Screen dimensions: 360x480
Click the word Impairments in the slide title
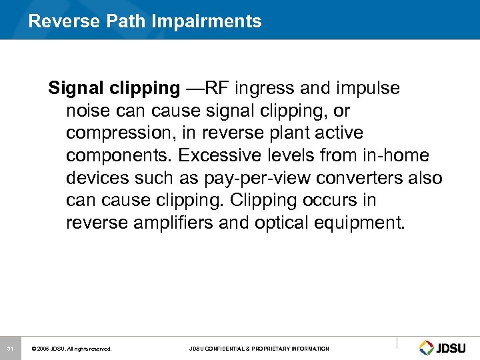tap(207, 21)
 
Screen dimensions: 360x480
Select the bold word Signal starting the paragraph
tap(73, 88)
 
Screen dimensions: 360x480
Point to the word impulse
tap(369, 88)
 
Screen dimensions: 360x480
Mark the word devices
tap(97, 178)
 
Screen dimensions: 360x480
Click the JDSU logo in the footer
tap(445, 348)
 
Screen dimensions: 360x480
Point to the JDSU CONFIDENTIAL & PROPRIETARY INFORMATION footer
tap(259, 349)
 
